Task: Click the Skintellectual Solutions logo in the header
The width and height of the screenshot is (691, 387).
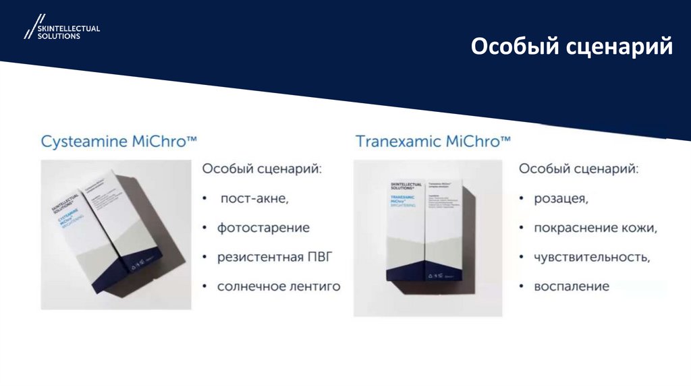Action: click(62, 29)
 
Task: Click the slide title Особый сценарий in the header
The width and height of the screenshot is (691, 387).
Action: click(571, 47)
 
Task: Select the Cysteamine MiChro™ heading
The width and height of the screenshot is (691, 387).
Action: click(119, 141)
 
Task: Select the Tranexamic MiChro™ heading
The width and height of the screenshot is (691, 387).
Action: click(433, 141)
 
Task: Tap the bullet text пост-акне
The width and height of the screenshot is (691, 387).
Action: click(254, 198)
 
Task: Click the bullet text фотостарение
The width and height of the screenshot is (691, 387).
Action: click(263, 228)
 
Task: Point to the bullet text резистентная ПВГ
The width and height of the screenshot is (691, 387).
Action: click(275, 257)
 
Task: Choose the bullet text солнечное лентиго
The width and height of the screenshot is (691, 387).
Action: click(278, 287)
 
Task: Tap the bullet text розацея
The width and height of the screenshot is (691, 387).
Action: click(561, 198)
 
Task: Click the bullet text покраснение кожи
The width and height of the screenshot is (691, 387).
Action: click(595, 228)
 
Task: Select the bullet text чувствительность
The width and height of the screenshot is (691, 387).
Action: click(592, 257)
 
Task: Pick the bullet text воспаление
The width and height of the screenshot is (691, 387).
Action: click(571, 287)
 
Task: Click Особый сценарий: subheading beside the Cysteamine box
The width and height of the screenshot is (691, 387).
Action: click(262, 168)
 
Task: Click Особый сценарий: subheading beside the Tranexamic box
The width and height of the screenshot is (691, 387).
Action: click(578, 168)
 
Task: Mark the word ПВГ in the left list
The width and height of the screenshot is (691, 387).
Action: click(320, 257)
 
